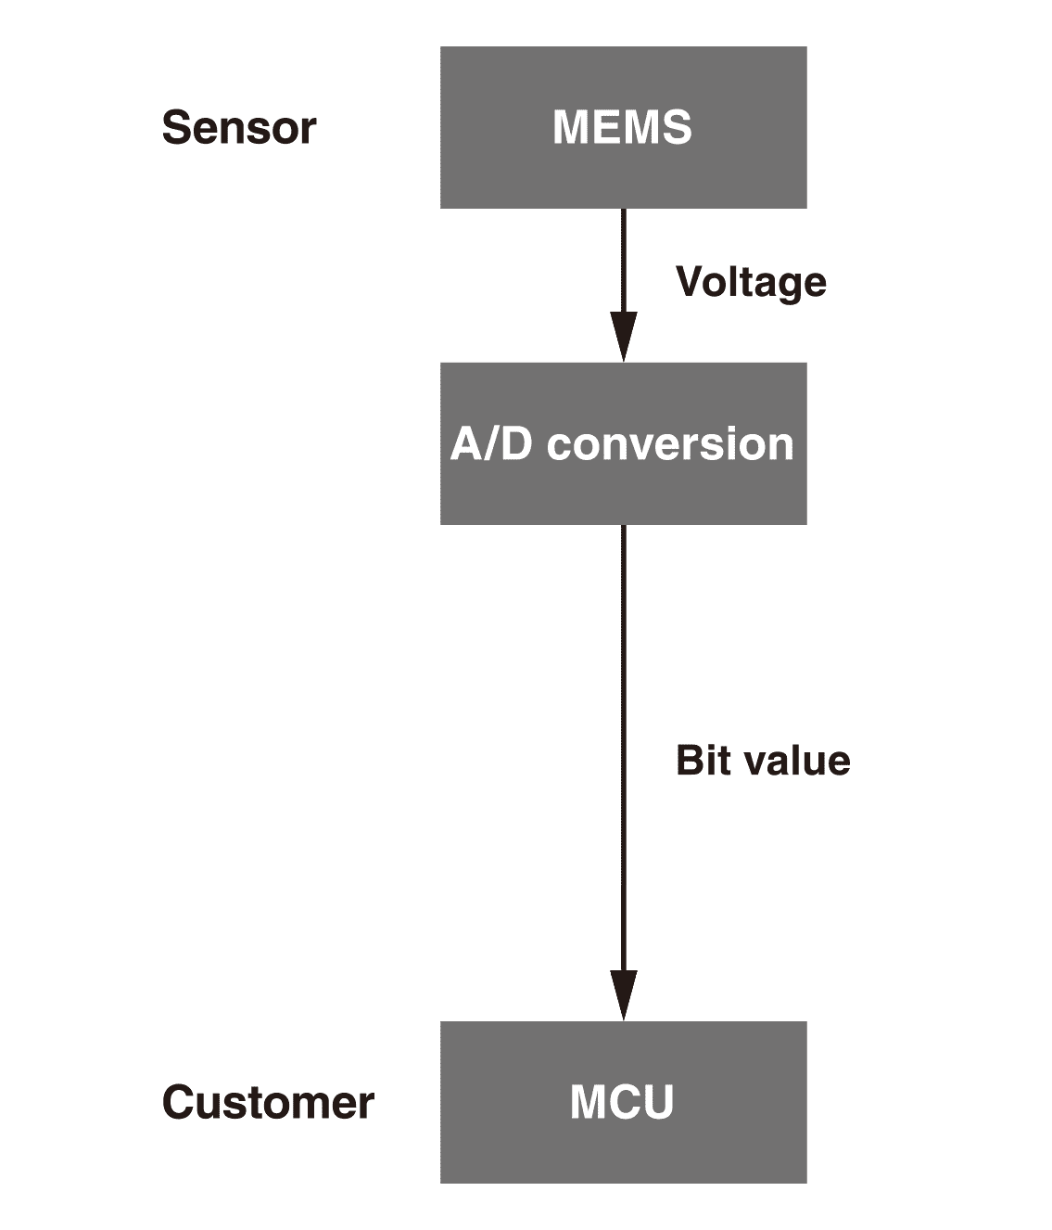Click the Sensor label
pos(239,128)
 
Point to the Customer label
pos(268,1103)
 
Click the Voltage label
pos(751,282)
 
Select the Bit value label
pos(763,761)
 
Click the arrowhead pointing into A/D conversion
pos(624,338)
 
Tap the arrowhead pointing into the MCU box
pos(624,995)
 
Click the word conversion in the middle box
pos(670,444)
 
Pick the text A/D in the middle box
pos(491,444)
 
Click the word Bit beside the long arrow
pos(702,761)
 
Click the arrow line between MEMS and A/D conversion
pos(624,260)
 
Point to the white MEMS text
pos(622,127)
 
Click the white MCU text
pos(621,1103)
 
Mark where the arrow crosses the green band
pos(624,929)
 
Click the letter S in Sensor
pos(176,128)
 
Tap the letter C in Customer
pos(178,1103)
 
